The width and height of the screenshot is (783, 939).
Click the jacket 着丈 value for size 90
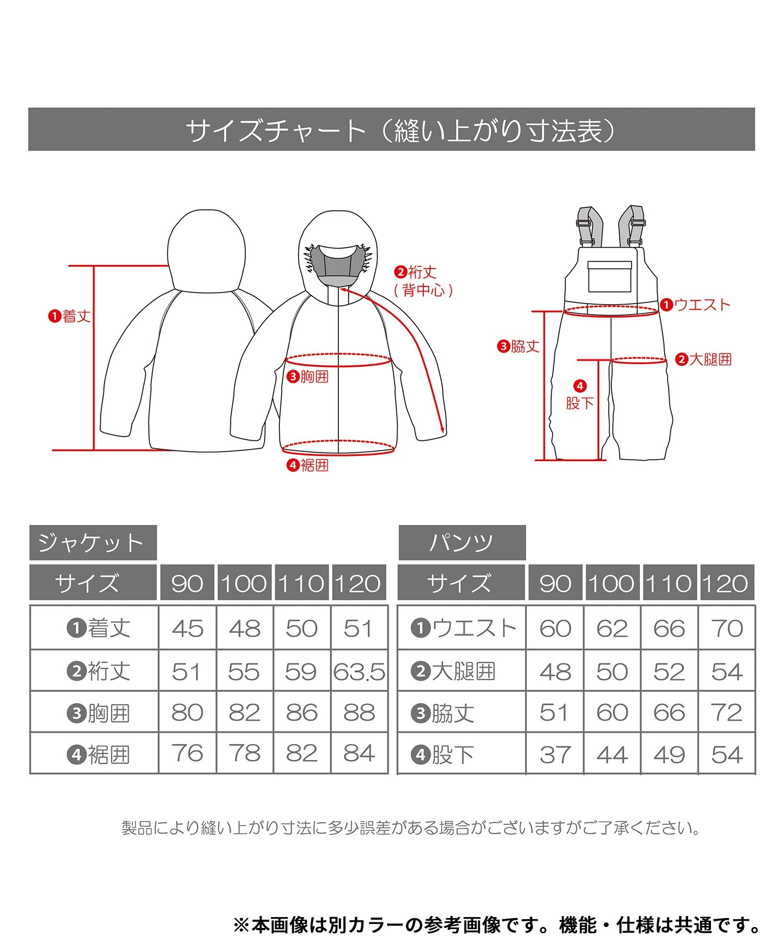coord(187,628)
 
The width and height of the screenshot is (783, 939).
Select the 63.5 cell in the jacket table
coord(359,672)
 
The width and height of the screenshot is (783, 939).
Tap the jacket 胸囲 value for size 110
coord(302,713)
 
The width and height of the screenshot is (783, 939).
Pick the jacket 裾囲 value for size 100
coord(244,753)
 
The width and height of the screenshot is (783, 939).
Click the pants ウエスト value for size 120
coord(727,628)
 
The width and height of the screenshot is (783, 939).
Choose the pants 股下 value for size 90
coord(555,754)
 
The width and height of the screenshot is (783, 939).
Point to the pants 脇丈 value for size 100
coord(612,713)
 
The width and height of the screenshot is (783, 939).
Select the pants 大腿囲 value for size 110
coord(669,672)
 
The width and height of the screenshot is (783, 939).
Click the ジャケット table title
coord(93,543)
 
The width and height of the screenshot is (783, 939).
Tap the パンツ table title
coord(462,543)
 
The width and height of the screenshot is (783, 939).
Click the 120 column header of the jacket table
coord(359,583)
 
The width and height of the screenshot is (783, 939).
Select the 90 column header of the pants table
coord(555,583)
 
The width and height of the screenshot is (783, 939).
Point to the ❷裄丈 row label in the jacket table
coord(99,671)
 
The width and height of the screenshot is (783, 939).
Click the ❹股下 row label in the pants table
coord(443,754)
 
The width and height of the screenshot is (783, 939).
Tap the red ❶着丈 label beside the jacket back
coord(69,316)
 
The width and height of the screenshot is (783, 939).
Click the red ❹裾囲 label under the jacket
coord(308,465)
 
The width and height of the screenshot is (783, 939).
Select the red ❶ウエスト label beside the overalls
coord(695,305)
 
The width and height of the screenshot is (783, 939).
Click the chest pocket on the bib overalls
coord(610,276)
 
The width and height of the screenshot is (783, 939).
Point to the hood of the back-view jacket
coord(206,250)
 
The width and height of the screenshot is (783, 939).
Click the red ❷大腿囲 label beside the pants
coord(704,359)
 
